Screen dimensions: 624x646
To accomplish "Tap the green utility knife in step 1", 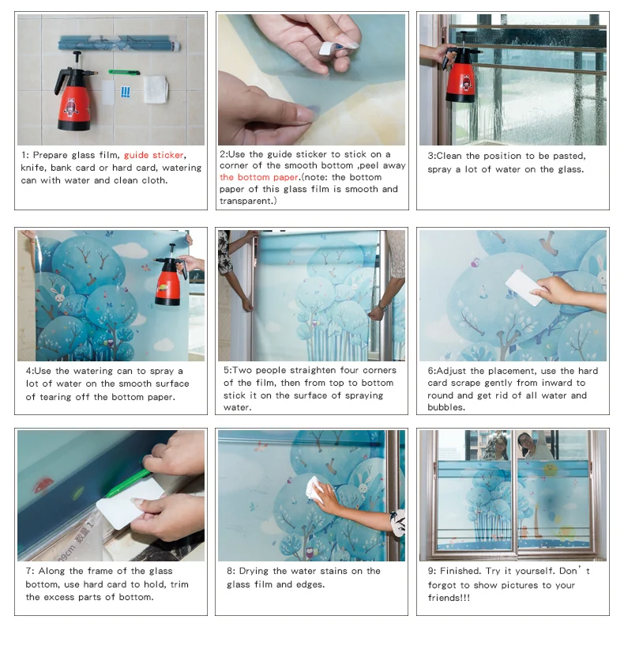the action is pyautogui.click(x=124, y=73).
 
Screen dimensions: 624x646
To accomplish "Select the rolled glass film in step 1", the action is pyautogui.click(x=119, y=43).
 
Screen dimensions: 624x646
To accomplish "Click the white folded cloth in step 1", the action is pyautogui.click(x=156, y=89).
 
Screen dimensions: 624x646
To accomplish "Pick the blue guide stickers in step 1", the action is pyautogui.click(x=126, y=92).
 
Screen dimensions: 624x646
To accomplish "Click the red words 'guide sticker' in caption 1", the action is pyautogui.click(x=153, y=155).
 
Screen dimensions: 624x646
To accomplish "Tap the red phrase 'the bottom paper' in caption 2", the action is pyautogui.click(x=259, y=177).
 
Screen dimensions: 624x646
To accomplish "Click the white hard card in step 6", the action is pyautogui.click(x=524, y=287).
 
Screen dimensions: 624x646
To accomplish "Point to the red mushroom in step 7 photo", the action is pyautogui.click(x=43, y=485).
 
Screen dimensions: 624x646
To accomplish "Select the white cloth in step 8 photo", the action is pyautogui.click(x=314, y=490).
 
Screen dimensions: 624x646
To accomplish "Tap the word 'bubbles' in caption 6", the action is pyautogui.click(x=446, y=407).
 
